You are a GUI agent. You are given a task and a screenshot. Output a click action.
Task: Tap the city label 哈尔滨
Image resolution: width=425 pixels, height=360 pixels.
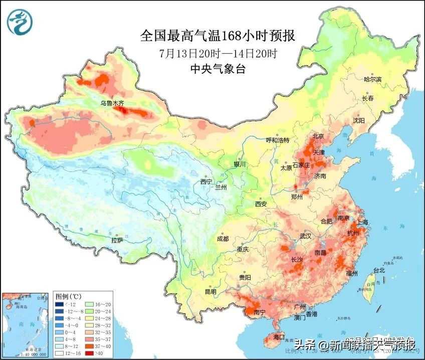(372, 80)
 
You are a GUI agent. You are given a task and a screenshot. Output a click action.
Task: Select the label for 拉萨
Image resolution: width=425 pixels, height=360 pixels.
(117, 241)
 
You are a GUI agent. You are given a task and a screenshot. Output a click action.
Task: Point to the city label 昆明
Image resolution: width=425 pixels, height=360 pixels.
(210, 292)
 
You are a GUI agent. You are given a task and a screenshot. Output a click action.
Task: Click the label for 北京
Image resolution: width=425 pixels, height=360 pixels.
(318, 136)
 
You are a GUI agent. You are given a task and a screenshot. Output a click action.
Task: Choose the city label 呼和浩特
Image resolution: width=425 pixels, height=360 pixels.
(278, 140)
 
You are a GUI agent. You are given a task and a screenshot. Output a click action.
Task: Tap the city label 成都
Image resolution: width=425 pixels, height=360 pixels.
(223, 239)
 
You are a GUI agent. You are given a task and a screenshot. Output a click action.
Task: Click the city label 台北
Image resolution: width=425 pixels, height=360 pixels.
(379, 271)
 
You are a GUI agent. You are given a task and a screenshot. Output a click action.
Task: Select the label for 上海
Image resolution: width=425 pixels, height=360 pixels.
(362, 222)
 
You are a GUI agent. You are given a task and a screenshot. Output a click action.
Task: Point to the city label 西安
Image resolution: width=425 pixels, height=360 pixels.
(261, 204)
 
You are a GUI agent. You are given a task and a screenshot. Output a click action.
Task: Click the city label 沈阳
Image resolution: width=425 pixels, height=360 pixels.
(358, 121)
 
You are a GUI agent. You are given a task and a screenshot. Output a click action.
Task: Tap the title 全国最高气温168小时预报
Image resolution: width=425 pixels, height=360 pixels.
(218, 36)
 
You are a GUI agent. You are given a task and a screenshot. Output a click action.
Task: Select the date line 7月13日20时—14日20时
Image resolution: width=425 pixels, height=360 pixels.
(218, 53)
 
